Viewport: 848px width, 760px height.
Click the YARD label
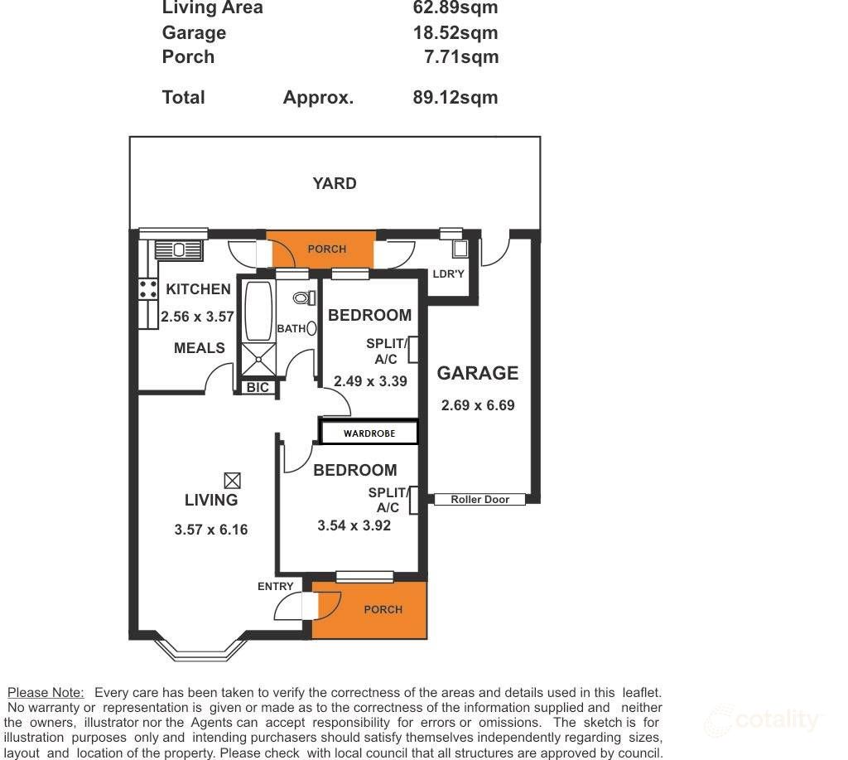(335, 183)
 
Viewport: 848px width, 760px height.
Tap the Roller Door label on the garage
(479, 500)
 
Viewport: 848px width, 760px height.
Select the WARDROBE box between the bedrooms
(369, 433)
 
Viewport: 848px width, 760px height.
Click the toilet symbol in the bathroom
(303, 298)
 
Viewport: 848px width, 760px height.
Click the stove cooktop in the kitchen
(148, 288)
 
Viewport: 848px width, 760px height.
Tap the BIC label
(258, 387)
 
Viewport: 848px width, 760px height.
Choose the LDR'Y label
(449, 274)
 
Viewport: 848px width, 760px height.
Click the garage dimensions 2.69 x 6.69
(478, 405)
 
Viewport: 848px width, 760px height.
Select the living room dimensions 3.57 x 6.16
(211, 530)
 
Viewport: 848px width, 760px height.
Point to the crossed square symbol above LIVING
(232, 480)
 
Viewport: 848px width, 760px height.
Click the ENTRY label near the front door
(275, 586)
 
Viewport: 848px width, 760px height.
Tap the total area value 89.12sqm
(455, 97)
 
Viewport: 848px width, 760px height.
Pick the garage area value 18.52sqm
(455, 32)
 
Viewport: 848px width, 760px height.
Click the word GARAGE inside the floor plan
(478, 373)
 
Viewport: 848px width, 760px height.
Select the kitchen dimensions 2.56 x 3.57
(197, 316)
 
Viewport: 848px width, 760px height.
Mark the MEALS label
(199, 347)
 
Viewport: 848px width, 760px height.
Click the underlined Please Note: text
(46, 692)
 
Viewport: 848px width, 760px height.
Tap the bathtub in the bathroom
(258, 311)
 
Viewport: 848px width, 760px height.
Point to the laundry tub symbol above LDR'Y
(460, 250)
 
